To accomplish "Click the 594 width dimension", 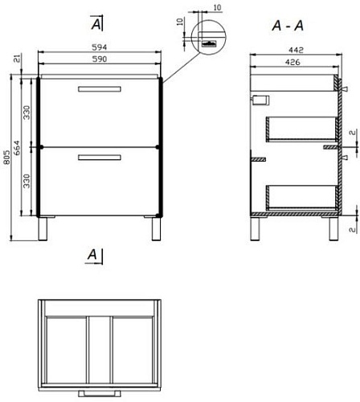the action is (100, 47).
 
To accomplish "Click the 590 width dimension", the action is (100, 59).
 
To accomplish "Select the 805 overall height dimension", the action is (7, 157).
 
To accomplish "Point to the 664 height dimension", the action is (17, 148).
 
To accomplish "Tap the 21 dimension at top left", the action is (17, 58).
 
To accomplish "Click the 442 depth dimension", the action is (296, 50).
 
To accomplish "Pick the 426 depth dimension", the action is (292, 62).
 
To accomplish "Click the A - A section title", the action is (288, 26).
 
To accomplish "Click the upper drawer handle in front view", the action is (100, 89).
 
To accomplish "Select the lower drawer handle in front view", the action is (100, 158).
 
